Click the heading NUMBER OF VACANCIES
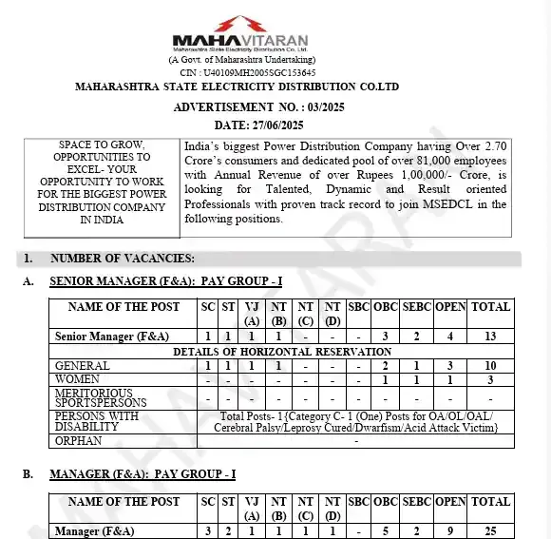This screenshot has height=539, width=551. (x=123, y=259)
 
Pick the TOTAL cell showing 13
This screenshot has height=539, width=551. (x=490, y=337)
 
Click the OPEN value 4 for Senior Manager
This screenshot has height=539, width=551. (x=450, y=337)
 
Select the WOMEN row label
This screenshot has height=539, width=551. (x=78, y=379)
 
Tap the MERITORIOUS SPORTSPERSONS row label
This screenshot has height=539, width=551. (x=100, y=397)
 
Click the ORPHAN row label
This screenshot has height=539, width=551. (x=79, y=441)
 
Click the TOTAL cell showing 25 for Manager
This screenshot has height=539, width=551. (x=490, y=530)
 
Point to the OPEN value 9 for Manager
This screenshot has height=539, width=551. (x=450, y=530)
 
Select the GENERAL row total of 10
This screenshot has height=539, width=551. (x=490, y=366)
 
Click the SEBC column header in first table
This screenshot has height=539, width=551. (x=415, y=307)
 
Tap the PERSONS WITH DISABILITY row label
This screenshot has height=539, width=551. (x=97, y=421)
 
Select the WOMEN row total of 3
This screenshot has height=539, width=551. (x=490, y=379)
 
